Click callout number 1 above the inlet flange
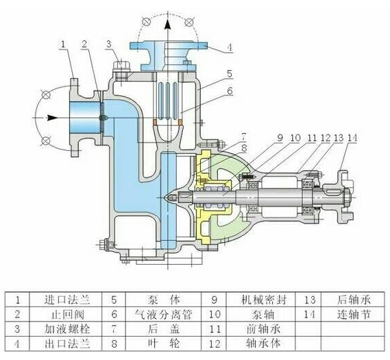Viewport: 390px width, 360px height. (63, 45)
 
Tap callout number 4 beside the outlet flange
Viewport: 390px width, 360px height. (230, 47)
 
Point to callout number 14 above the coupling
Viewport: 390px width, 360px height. (352, 138)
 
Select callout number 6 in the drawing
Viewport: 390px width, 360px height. (230, 91)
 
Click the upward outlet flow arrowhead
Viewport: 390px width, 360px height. (168, 25)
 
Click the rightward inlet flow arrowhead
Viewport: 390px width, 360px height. (52, 118)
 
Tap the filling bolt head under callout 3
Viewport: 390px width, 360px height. (121, 66)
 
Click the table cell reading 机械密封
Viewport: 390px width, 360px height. (264, 300)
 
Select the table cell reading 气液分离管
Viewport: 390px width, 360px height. (163, 314)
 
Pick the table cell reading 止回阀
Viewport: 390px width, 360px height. (67, 315)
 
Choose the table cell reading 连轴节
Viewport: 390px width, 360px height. (354, 314)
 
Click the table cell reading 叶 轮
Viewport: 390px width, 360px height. (163, 344)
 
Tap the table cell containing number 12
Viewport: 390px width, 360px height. (215, 344)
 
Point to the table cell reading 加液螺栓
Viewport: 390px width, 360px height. (67, 329)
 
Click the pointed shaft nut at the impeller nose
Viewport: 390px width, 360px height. (171, 197)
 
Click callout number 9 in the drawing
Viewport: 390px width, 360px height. (280, 138)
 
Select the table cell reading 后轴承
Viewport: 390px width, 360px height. (354, 300)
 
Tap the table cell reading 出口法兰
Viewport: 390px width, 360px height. (67, 344)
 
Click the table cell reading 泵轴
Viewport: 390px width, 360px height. (263, 314)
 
